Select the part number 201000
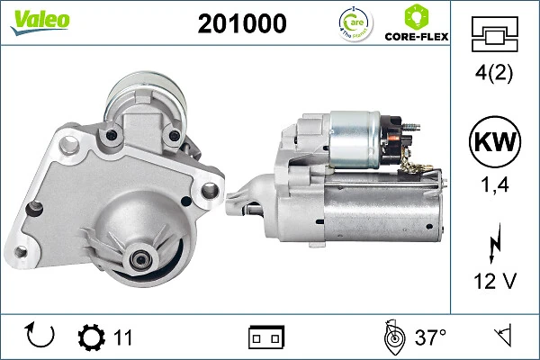point(242,23)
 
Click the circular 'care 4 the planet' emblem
point(352,23)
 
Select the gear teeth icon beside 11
point(91,337)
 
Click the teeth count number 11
point(123,337)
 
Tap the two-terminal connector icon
point(265,337)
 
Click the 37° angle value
point(430,337)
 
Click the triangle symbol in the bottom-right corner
point(502,337)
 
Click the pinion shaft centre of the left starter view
point(141,259)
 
